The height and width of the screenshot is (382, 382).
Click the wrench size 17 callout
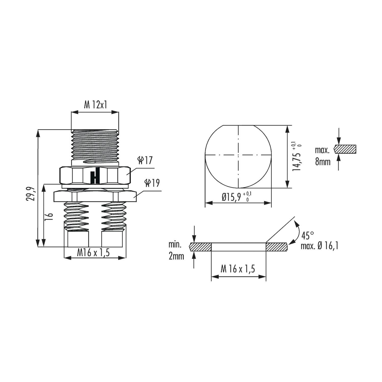pos(145,160)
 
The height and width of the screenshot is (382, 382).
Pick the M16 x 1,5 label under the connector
pos(93,253)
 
